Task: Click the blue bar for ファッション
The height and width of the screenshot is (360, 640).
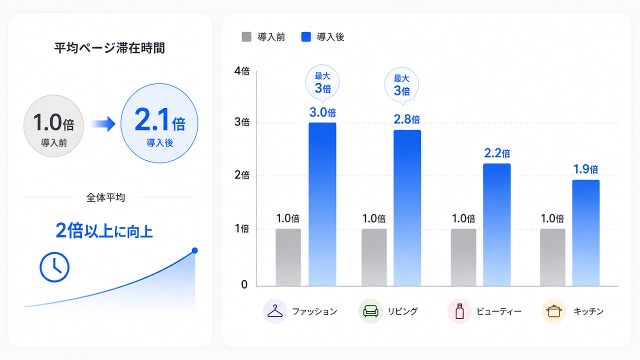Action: click(322, 204)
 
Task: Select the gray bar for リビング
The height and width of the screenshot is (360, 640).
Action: click(374, 257)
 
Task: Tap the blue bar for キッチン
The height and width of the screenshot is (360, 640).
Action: click(585, 233)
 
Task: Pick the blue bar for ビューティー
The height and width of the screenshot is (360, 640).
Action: click(497, 224)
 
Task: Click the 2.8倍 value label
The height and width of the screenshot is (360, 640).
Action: click(407, 119)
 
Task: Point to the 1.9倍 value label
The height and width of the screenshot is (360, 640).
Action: click(585, 169)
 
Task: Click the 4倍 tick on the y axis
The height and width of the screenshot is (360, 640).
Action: click(241, 71)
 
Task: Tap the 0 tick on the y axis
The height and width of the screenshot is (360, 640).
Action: click(244, 284)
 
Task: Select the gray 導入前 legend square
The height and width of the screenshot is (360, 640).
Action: click(246, 37)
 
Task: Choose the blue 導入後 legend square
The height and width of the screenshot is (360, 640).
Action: click(306, 37)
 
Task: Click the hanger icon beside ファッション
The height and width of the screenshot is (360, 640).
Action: click(275, 311)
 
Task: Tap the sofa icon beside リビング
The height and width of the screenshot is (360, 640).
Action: click(370, 311)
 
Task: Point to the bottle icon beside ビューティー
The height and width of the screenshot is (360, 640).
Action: click(459, 311)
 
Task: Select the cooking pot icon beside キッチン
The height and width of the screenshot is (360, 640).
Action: click(554, 311)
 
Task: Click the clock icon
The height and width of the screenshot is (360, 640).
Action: click(54, 267)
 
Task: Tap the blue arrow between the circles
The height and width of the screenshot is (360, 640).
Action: click(103, 123)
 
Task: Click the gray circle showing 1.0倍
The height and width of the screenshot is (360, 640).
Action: click(53, 125)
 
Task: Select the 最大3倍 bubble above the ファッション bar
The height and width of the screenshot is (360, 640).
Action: click(322, 83)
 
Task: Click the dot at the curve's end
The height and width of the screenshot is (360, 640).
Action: click(195, 250)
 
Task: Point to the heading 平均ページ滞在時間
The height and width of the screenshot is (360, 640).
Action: click(109, 48)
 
